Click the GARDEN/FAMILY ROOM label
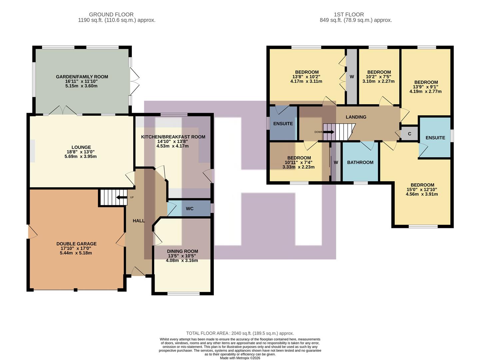pos(82,77)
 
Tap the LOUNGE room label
pos(81,147)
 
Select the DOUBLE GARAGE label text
pos(76,244)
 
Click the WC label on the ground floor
pos(190,209)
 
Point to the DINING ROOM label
pos(182,251)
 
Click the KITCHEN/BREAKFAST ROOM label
pos(173,137)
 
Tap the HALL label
pos(139,221)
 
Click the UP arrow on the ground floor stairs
pos(121,198)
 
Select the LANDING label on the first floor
pos(356,117)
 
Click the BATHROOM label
pos(360,162)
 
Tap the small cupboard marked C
pos(409,134)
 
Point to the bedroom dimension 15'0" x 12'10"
pos(422,190)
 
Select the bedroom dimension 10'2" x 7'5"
pos(379,77)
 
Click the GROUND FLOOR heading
pos(111,15)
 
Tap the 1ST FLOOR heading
pos(349,15)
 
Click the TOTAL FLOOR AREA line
pos(240,333)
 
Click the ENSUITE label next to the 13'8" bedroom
pos(283,124)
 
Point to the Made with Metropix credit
pos(240,358)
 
